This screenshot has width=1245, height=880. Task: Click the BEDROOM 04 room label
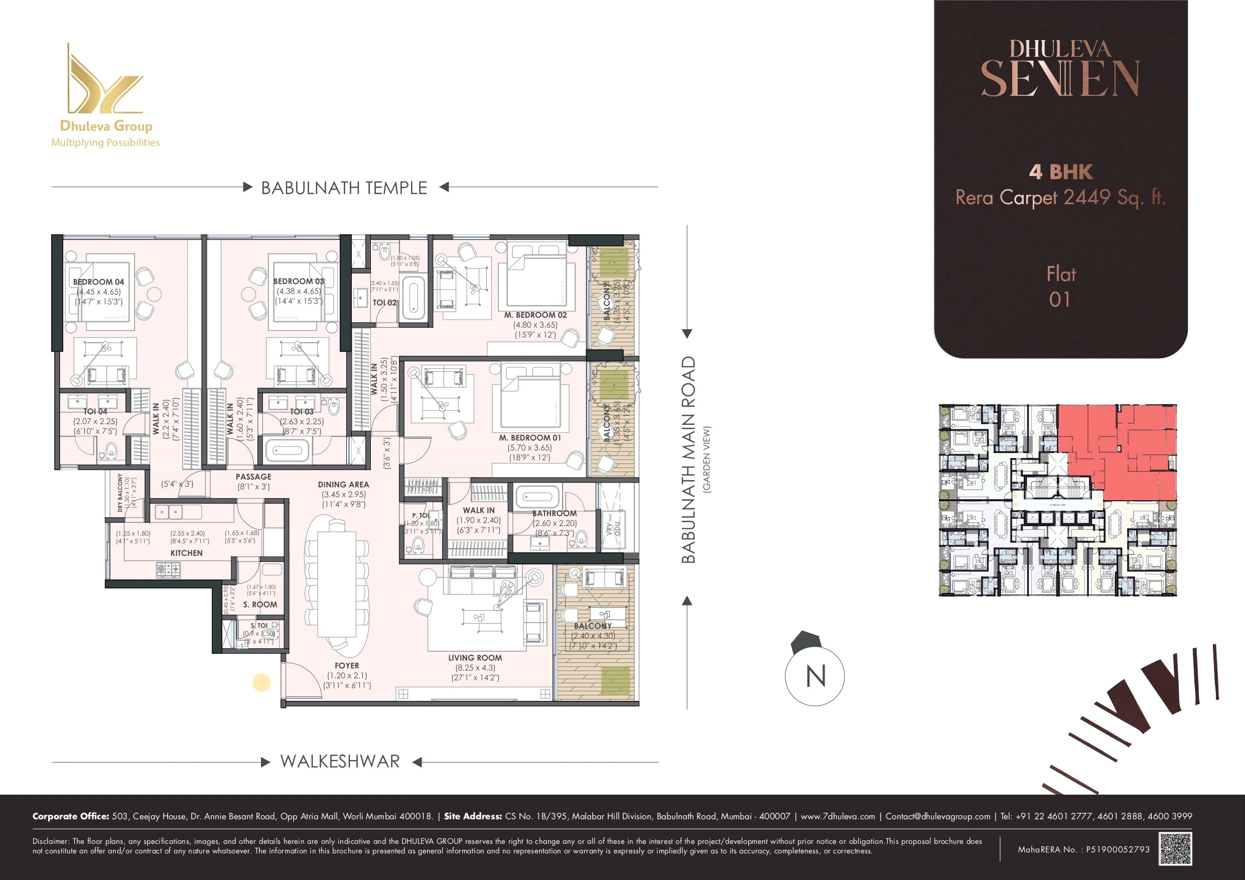tap(98, 282)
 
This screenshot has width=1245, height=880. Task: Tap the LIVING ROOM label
tap(475, 658)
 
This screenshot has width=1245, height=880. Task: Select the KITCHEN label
tap(186, 553)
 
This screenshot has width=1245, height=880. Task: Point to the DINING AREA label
tap(343, 484)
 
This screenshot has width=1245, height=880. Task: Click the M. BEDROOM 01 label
tap(530, 437)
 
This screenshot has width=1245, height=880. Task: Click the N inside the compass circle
tap(815, 677)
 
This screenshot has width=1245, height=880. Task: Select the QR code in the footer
tap(1175, 849)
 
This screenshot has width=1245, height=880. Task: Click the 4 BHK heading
tap(1061, 172)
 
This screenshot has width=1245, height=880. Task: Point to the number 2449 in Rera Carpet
tap(1086, 197)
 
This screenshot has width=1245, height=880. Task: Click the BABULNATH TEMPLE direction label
tap(344, 188)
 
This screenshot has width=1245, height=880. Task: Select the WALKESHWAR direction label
tap(340, 761)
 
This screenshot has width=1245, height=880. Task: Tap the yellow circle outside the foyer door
tap(262, 683)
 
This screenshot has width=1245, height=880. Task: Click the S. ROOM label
tap(260, 605)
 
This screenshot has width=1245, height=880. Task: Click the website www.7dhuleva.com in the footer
tap(837, 816)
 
